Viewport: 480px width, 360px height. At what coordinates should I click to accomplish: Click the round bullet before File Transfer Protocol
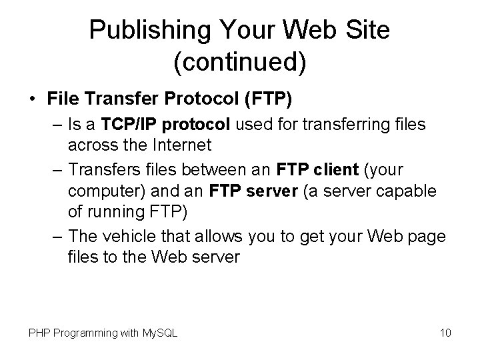coord(33,99)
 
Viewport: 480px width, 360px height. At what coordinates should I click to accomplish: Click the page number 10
coord(445,332)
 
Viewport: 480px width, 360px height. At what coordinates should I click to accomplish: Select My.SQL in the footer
coord(159,332)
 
